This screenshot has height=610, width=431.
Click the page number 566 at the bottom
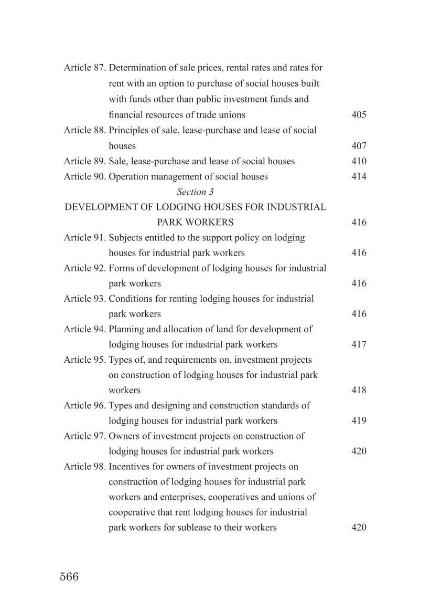pyautogui.click(x=69, y=577)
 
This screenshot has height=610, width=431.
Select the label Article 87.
pyautogui.click(x=85, y=68)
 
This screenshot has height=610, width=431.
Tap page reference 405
pyautogui.click(x=359, y=114)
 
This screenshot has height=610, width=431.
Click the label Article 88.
pyautogui.click(x=85, y=130)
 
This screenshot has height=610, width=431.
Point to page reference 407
pyautogui.click(x=359, y=146)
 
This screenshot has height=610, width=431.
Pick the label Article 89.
pyautogui.click(x=85, y=161)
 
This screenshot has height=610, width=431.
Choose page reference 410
pyautogui.click(x=359, y=161)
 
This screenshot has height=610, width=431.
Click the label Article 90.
pyautogui.click(x=85, y=176)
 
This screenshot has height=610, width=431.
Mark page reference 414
pyautogui.click(x=359, y=176)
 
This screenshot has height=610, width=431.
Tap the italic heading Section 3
pyautogui.click(x=195, y=192)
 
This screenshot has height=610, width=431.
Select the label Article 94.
pyautogui.click(x=85, y=329)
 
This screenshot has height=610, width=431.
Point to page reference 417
pyautogui.click(x=359, y=344)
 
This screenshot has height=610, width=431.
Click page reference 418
pyautogui.click(x=359, y=390)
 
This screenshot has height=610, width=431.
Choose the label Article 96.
pyautogui.click(x=85, y=405)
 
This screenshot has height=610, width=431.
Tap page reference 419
pyautogui.click(x=359, y=420)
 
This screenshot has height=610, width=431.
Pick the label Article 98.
pyautogui.click(x=85, y=466)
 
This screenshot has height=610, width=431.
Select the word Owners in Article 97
pyautogui.click(x=124, y=436)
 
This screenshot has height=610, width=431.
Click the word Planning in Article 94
pyautogui.click(x=126, y=329)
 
